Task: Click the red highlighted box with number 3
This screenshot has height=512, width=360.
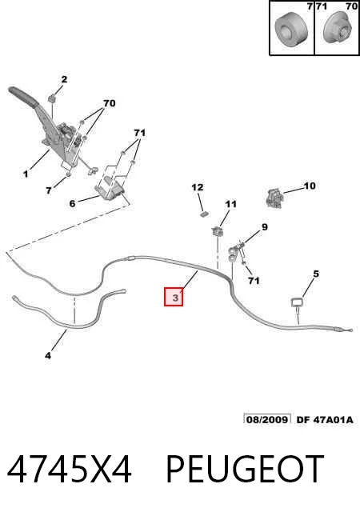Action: coord(174,297)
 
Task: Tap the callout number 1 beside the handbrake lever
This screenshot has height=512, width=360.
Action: coord(26,174)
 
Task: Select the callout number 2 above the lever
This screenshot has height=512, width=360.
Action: coord(64,79)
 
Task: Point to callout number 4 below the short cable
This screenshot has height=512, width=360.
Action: coord(48,355)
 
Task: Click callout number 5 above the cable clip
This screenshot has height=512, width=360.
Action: coord(315,274)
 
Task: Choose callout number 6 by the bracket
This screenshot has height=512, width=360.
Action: coord(72,203)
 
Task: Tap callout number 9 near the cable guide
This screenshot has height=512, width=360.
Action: coord(264,226)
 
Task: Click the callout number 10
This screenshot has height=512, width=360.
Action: coord(310,186)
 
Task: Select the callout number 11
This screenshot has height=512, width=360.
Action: coord(230,204)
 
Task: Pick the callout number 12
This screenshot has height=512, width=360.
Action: coord(198,187)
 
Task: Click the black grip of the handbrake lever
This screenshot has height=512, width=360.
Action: coord(22,96)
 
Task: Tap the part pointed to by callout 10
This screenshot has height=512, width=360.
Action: coord(274,198)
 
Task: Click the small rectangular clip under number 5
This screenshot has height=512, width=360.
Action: coord(297,302)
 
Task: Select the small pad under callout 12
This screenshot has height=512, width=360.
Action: coord(205,214)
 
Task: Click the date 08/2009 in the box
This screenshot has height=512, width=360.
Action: coord(267,419)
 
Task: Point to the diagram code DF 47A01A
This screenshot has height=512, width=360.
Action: coord(325,419)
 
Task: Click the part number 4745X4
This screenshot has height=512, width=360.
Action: coord(70,470)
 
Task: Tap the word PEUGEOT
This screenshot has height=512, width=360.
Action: coord(245,470)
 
